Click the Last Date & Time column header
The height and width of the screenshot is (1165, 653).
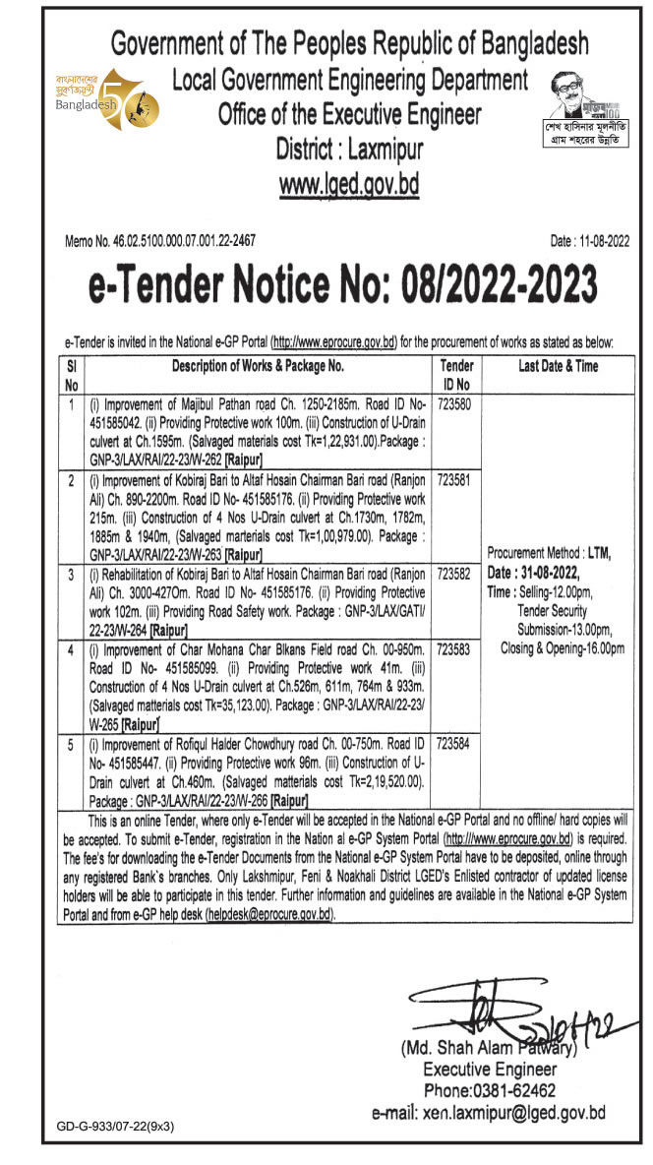coord(557,366)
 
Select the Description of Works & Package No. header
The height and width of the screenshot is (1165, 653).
coord(257,366)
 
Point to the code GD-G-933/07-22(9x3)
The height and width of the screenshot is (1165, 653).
coord(109,1129)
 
